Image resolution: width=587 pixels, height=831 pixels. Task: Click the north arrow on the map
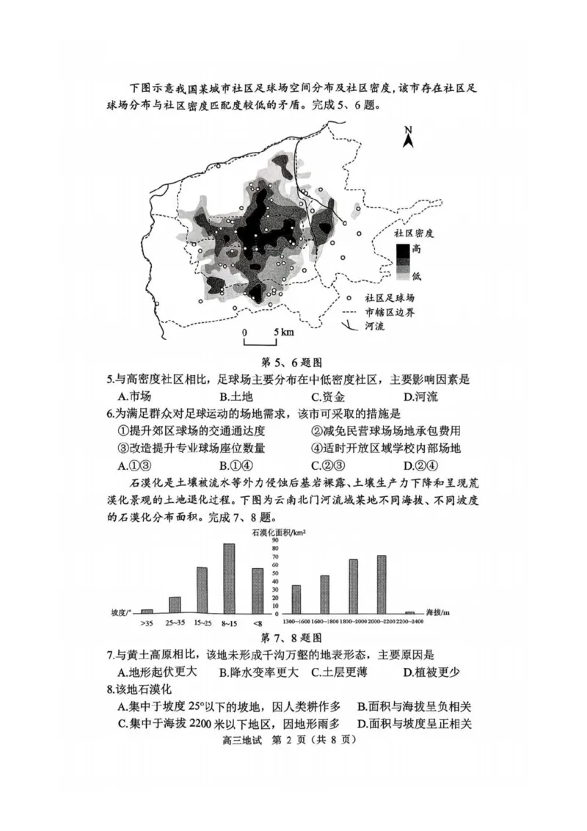(409, 137)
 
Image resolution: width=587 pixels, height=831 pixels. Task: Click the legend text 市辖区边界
(390, 312)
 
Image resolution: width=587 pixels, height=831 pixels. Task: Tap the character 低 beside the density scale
(418, 276)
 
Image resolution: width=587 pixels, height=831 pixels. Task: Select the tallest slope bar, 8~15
(228, 578)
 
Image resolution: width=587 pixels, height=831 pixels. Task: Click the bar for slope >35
(147, 610)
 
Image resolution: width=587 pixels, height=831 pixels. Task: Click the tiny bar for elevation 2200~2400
(409, 612)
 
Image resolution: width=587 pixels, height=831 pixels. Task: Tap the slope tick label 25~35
(174, 623)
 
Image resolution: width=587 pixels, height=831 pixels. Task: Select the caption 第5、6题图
(292, 362)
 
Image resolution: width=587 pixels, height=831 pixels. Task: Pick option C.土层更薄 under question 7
(343, 672)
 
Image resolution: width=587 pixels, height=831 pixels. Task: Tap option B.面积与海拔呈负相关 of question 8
(414, 706)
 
